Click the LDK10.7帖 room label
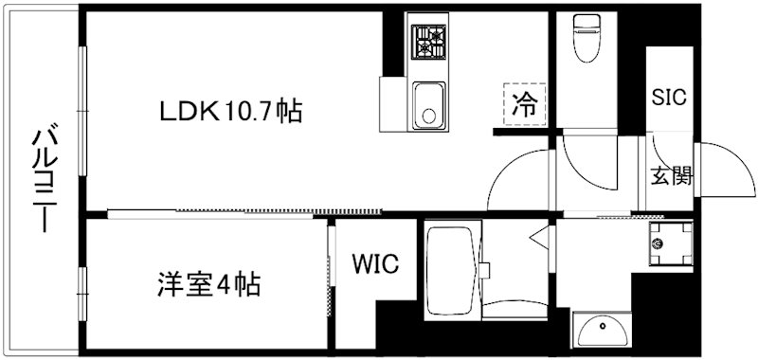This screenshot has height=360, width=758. point(230,112)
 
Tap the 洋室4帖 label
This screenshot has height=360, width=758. point(208,282)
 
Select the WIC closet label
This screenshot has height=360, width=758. point(376,262)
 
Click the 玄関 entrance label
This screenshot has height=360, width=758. point(671,176)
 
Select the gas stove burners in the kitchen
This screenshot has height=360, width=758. point(428,42)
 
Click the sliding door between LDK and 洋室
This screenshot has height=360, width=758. point(246,212)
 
